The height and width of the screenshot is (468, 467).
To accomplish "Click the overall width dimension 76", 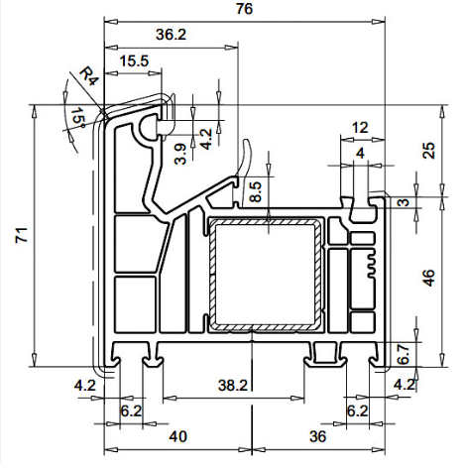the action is (x=244, y=9).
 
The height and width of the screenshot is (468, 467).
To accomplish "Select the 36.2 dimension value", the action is (x=171, y=35).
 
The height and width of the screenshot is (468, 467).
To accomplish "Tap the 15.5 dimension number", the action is (x=134, y=61).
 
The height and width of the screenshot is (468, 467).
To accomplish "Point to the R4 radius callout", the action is (x=89, y=76).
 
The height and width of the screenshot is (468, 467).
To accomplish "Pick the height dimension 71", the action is (x=22, y=235).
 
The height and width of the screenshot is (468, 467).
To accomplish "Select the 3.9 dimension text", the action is (x=180, y=154).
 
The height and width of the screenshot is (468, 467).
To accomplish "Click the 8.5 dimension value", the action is (x=256, y=191).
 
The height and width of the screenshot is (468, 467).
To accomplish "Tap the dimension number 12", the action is (x=360, y=128).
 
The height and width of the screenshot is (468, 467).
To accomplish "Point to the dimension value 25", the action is (x=429, y=151).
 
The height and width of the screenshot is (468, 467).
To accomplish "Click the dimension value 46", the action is (x=429, y=278).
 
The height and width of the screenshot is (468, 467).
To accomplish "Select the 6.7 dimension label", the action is (x=403, y=354).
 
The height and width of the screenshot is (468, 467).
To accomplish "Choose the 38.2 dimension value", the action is (x=233, y=385).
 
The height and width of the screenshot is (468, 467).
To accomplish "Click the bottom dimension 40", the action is (x=178, y=436).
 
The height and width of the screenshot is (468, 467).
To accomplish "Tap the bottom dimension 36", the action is (x=318, y=436).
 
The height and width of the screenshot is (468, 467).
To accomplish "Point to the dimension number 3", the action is (x=406, y=202).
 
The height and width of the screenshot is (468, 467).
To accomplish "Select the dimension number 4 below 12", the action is (x=360, y=154).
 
